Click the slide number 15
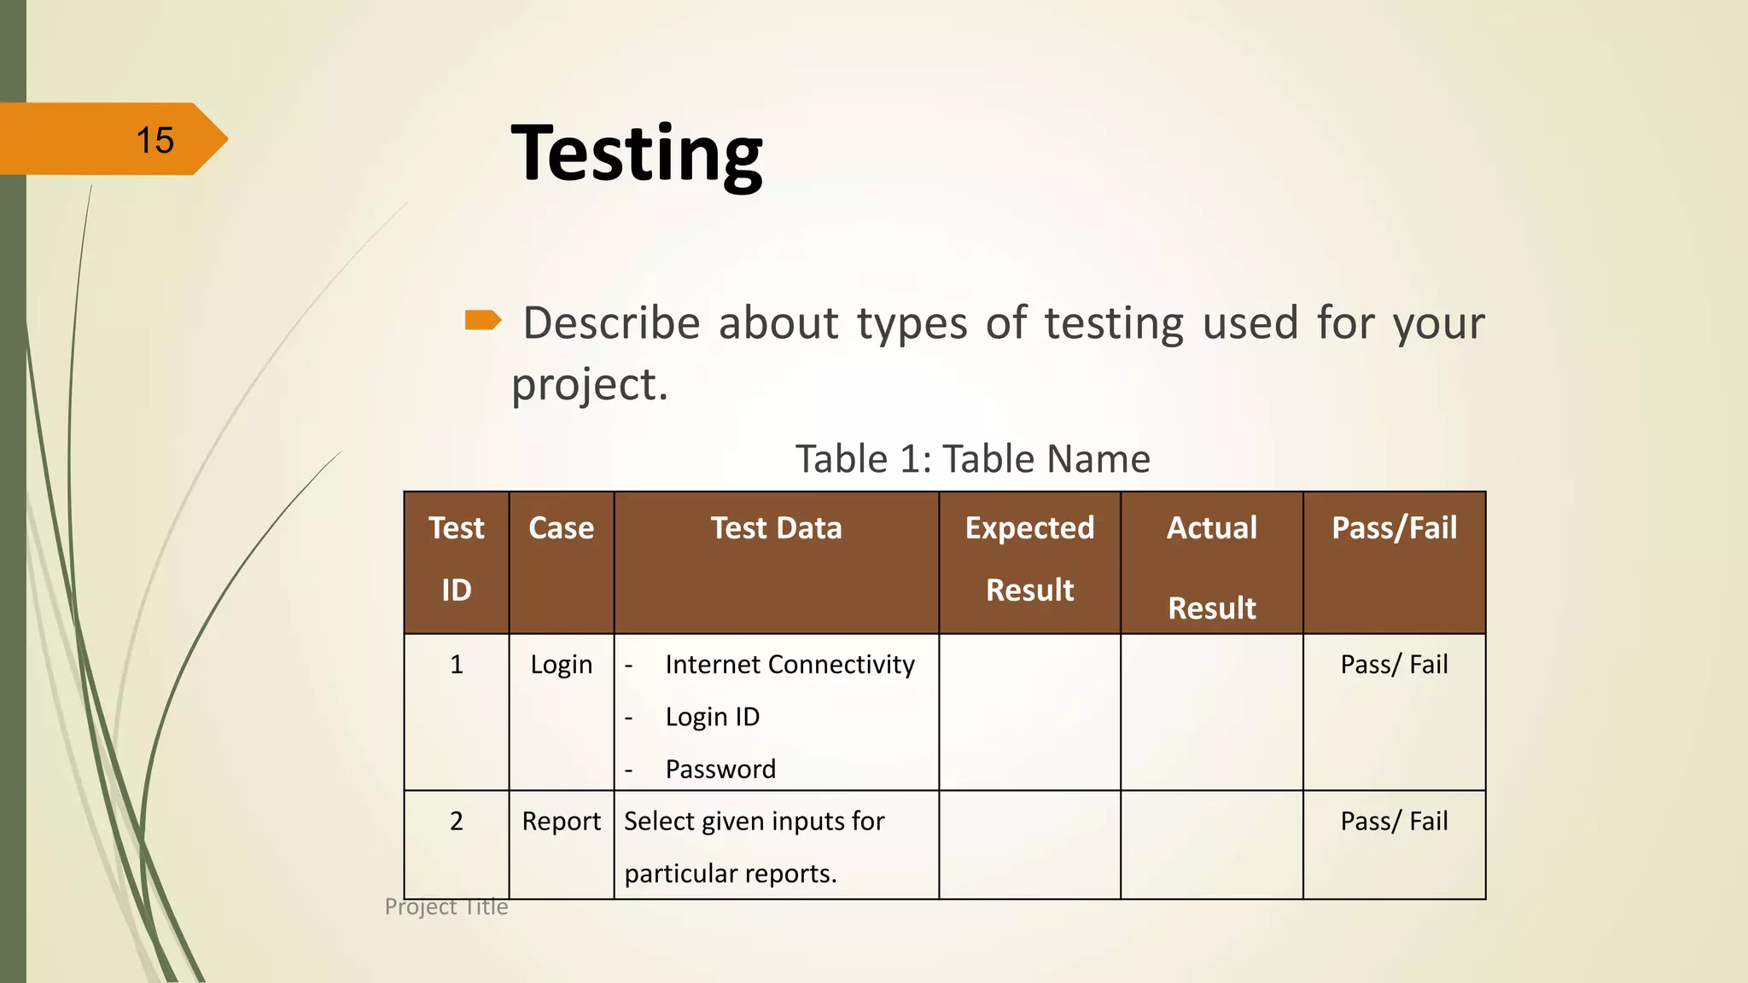click(154, 140)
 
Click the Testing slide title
click(636, 154)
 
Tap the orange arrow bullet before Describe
click(483, 320)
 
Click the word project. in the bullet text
click(589, 384)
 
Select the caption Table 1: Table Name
click(972, 459)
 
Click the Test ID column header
click(457, 559)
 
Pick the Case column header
click(561, 528)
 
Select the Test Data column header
click(776, 528)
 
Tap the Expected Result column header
click(1029, 559)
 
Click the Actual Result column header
click(1211, 567)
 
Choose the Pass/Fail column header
click(1394, 528)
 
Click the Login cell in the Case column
click(561, 665)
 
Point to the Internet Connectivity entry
click(790, 665)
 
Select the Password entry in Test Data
click(720, 770)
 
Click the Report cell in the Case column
click(561, 822)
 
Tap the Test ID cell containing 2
click(457, 822)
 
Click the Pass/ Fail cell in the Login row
click(1394, 665)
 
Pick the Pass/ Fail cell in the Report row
click(1394, 822)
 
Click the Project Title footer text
click(446, 906)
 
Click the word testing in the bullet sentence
click(1114, 324)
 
